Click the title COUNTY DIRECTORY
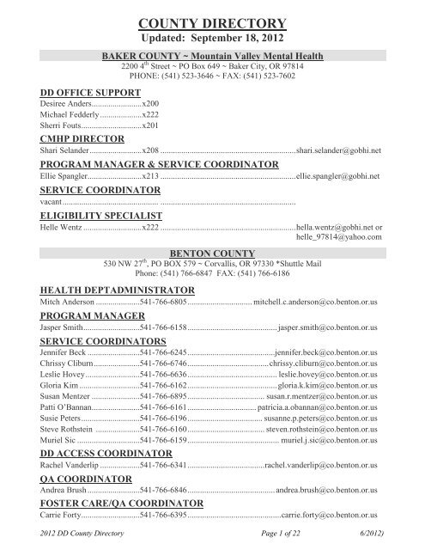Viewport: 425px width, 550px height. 212,23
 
